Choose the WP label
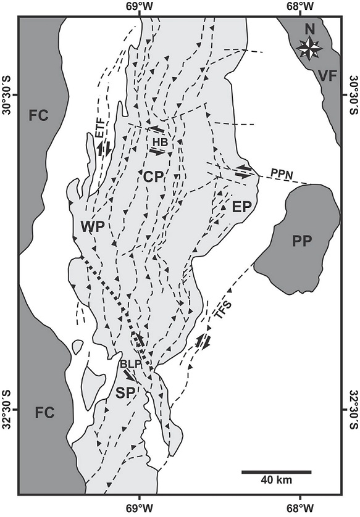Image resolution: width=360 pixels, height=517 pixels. (x=90, y=227)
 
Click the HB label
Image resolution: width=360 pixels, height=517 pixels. (x=160, y=140)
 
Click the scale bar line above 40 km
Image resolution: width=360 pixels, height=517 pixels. (x=276, y=472)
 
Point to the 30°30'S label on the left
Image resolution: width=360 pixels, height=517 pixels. (x=9, y=95)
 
